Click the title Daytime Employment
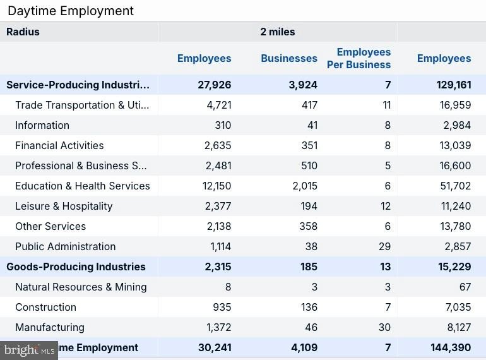pyautogui.click(x=71, y=11)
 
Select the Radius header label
pyautogui.click(x=23, y=32)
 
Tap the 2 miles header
pyautogui.click(x=278, y=32)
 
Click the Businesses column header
pyautogui.click(x=289, y=58)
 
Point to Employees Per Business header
pyautogui.click(x=359, y=58)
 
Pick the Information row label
pyautogui.click(x=42, y=125)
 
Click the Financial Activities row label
pyautogui.click(x=59, y=145)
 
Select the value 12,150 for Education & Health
pyautogui.click(x=216, y=186)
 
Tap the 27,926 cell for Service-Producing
pyautogui.click(x=215, y=85)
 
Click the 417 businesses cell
pyautogui.click(x=309, y=105)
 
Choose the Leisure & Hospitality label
pyautogui.click(x=64, y=206)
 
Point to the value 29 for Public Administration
pyautogui.click(x=384, y=246)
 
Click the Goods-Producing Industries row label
pyautogui.click(x=76, y=267)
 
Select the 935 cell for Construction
pyautogui.click(x=222, y=307)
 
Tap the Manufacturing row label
pyautogui.click(x=50, y=327)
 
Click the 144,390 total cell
pyautogui.click(x=451, y=347)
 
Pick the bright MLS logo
pyautogui.click(x=29, y=351)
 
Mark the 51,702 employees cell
pyautogui.click(x=456, y=186)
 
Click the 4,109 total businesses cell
pyautogui.click(x=304, y=347)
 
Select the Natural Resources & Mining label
pyautogui.click(x=81, y=287)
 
